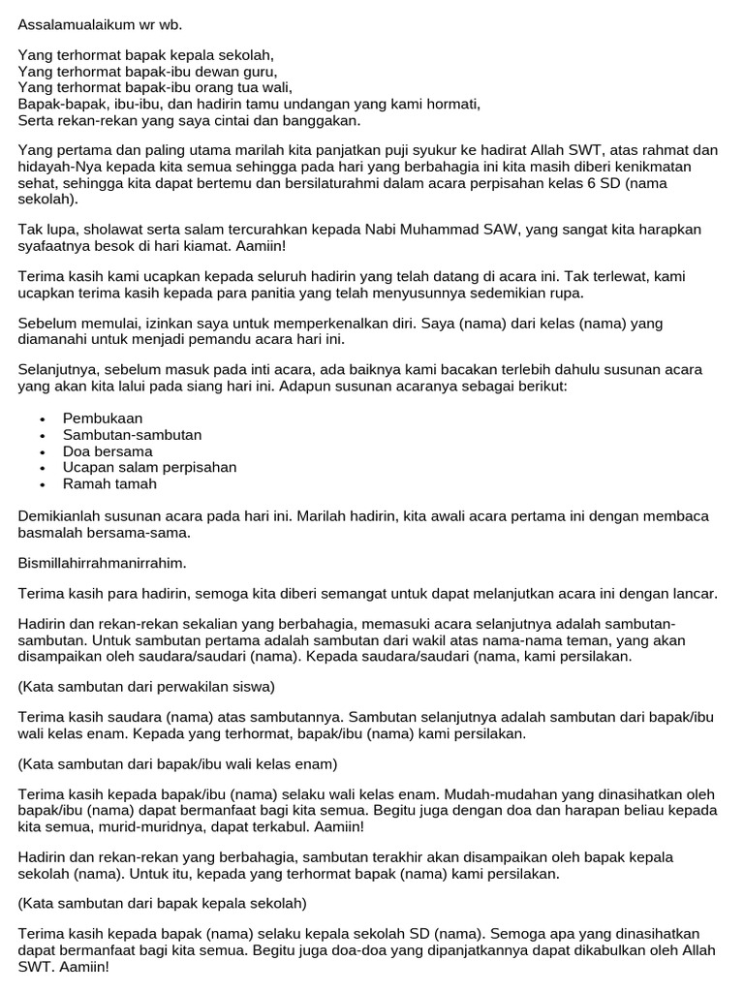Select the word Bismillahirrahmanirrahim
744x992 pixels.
pyautogui.click(x=102, y=562)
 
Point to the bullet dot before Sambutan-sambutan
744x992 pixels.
pyautogui.click(x=44, y=436)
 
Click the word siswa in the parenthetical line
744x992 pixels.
pyautogui.click(x=256, y=687)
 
